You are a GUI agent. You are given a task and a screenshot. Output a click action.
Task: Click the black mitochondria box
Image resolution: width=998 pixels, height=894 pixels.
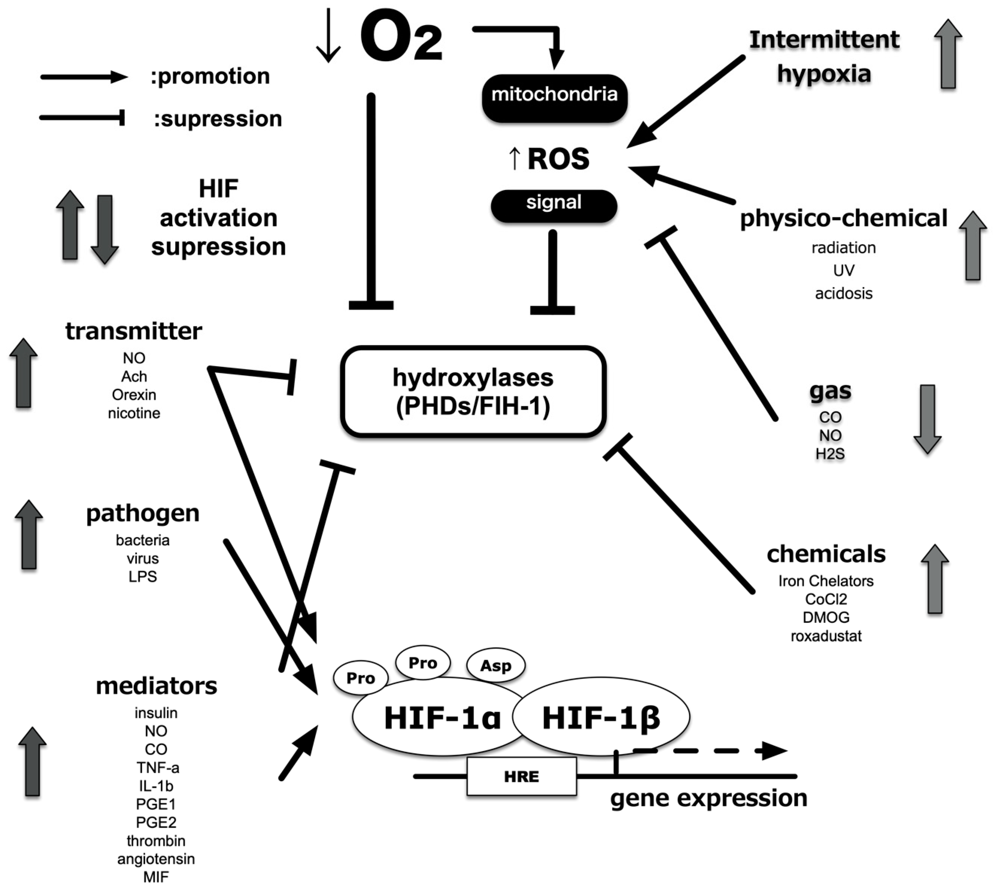coord(554,98)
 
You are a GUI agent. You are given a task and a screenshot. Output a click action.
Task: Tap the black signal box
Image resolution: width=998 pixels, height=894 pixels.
coord(554,206)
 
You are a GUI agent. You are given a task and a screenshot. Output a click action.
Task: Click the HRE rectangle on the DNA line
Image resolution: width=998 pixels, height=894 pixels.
coord(521,776)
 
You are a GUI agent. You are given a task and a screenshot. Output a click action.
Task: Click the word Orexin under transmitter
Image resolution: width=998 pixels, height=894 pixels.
coord(134,394)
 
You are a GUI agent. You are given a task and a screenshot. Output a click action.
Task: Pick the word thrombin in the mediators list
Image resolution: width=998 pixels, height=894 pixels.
coord(156,841)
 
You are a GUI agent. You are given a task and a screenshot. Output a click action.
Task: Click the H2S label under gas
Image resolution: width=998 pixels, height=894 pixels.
coord(830,453)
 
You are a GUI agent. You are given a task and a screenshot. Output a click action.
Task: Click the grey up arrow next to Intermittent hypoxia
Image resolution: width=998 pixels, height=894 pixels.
coord(948,54)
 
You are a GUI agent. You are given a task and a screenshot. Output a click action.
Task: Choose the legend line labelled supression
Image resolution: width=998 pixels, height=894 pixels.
coord(82,118)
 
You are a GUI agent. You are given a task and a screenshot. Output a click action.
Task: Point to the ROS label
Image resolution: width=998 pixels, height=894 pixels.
coord(558,159)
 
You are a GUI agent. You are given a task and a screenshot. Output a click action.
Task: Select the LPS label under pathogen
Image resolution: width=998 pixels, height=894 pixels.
coord(142,576)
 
